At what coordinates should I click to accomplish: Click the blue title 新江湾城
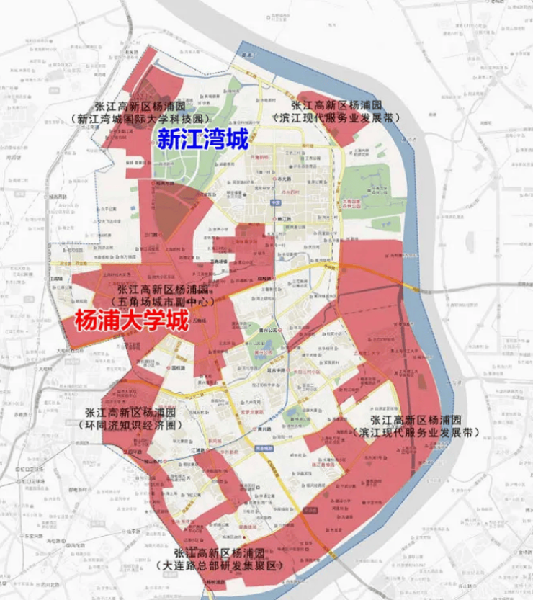pyautogui.click(x=202, y=139)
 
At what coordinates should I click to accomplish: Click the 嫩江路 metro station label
pyautogui.click(x=282, y=218)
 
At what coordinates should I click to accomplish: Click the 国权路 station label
pyautogui.click(x=175, y=367)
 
